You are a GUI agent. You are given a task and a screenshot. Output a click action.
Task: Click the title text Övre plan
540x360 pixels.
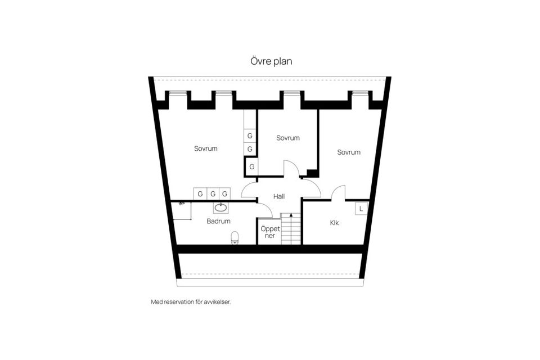[271, 61]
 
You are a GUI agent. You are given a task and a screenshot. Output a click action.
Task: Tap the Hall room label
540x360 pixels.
[279, 196]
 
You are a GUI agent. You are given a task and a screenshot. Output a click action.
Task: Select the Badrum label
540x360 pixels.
[218, 221]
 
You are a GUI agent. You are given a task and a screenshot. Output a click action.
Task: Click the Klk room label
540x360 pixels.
[334, 223]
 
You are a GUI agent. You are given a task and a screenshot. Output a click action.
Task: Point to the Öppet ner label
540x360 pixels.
[270, 232]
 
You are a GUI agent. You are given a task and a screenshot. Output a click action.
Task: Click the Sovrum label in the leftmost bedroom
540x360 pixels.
[206, 148]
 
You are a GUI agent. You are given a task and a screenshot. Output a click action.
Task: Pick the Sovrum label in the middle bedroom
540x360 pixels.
[288, 138]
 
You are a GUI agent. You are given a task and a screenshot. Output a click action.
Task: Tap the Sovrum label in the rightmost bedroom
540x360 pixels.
[349, 152]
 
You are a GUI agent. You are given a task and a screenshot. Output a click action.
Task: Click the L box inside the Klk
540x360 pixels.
[361, 209]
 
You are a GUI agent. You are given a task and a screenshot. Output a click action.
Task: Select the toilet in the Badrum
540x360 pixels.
[235, 237]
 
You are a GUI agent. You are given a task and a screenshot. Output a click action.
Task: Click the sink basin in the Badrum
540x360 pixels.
[220, 208]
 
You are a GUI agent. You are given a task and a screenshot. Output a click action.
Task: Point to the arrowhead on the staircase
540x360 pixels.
[291, 215]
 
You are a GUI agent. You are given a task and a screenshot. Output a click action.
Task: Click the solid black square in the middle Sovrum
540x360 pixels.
[312, 173]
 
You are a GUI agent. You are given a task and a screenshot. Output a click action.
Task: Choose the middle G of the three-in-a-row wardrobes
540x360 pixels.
[213, 194]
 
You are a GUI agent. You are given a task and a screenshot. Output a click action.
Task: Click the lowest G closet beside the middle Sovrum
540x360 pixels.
[252, 166]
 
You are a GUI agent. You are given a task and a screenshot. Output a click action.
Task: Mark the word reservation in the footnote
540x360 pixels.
[179, 302]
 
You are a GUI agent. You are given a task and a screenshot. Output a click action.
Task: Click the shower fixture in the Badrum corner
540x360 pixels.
[182, 204]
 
